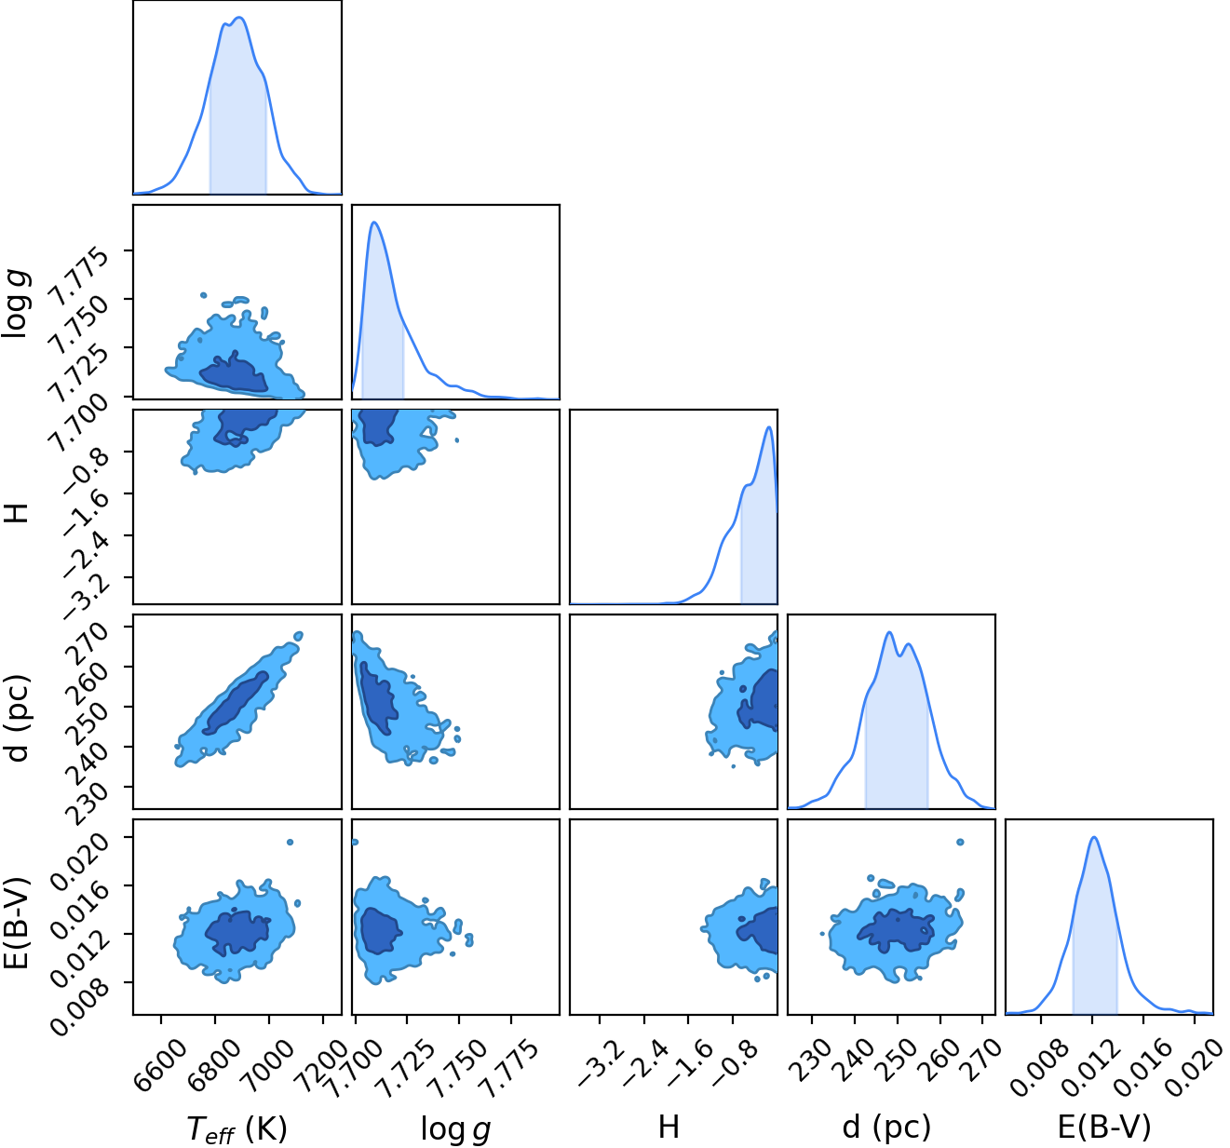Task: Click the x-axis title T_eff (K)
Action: tap(237, 1128)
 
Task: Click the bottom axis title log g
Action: tap(455, 1128)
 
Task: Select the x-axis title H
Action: tap(669, 1127)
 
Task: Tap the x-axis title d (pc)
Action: tap(887, 1128)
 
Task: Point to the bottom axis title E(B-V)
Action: tap(1103, 1128)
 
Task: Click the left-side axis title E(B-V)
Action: tap(17, 923)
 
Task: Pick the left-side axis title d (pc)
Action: tap(17, 718)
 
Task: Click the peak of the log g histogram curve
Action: tap(373, 222)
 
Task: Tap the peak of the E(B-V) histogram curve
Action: tap(1094, 838)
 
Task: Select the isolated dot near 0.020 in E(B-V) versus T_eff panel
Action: tap(290, 842)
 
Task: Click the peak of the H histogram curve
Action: tap(768, 426)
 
